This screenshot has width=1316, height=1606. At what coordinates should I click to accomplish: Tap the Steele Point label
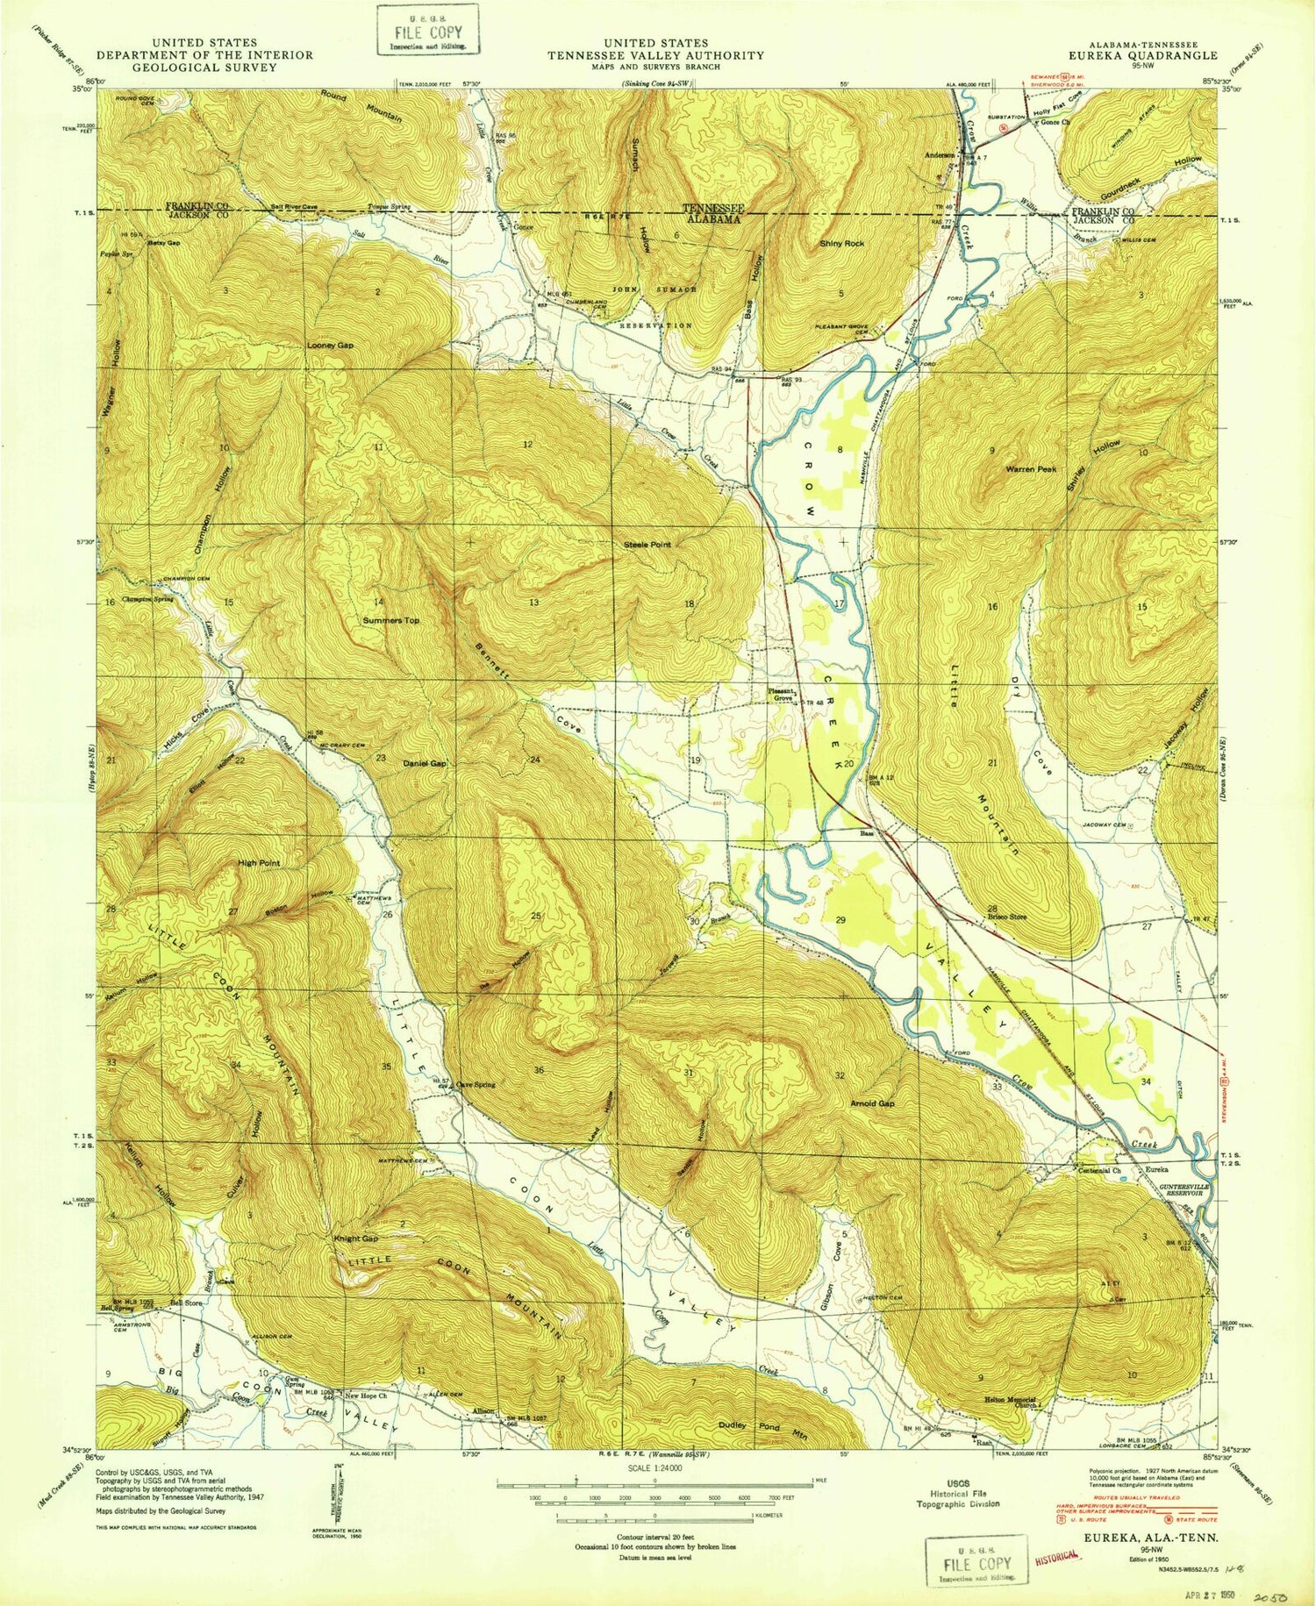tap(647, 545)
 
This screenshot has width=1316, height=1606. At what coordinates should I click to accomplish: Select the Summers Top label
tap(391, 620)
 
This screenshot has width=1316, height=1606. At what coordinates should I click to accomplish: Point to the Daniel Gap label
tap(426, 763)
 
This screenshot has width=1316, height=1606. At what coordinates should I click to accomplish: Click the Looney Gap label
tap(330, 346)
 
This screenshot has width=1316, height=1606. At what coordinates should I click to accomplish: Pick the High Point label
tap(259, 863)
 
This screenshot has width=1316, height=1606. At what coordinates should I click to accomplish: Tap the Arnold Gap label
tap(872, 1103)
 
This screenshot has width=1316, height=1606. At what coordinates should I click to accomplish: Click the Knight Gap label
tap(355, 1238)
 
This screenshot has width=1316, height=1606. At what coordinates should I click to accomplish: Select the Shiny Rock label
tap(841, 243)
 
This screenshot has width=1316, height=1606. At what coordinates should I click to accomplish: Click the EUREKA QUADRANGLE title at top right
tap(1151, 54)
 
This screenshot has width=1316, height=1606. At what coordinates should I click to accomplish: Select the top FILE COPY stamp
tap(428, 32)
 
